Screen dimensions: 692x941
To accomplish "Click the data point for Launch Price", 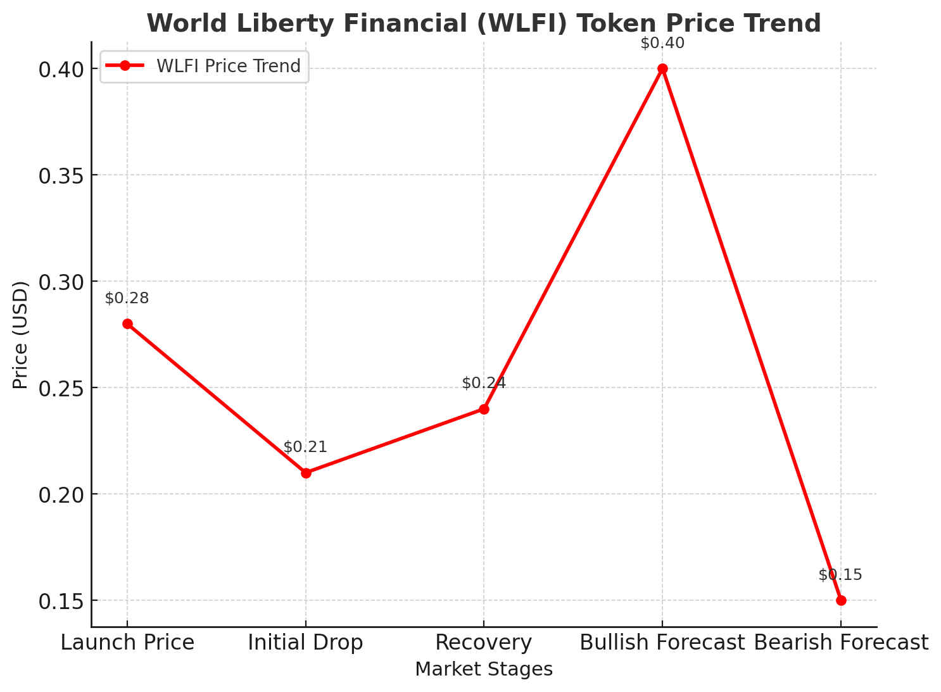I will click(127, 324).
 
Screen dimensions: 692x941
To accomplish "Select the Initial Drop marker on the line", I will click(306, 473).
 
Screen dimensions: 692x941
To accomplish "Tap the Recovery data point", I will click(484, 409).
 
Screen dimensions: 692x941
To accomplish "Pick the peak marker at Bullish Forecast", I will click(662, 68).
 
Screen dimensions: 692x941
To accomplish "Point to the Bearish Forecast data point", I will click(841, 600).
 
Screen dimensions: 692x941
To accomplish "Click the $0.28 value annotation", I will click(127, 298).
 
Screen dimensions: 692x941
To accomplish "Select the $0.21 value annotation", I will click(305, 447).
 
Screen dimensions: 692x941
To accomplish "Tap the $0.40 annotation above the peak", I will click(662, 43).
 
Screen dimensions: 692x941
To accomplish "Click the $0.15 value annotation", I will click(840, 575).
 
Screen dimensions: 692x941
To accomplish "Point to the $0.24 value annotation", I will click(484, 383).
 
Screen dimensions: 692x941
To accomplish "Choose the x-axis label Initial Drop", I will click(305, 643).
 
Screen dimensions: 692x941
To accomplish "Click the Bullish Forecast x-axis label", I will click(662, 643).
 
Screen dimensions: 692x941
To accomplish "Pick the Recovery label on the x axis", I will click(484, 643).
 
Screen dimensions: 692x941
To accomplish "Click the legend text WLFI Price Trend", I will click(229, 66).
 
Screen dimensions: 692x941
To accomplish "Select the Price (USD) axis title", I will click(21, 335).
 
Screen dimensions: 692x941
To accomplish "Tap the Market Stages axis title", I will click(484, 669).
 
